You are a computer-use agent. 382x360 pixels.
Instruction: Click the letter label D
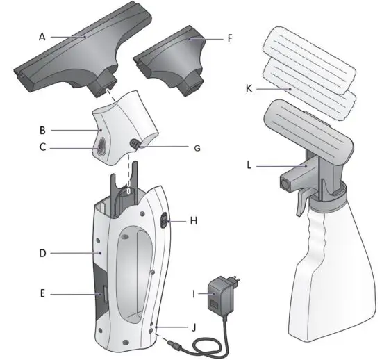[42, 254]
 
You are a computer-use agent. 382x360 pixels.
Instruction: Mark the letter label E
[42, 295]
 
